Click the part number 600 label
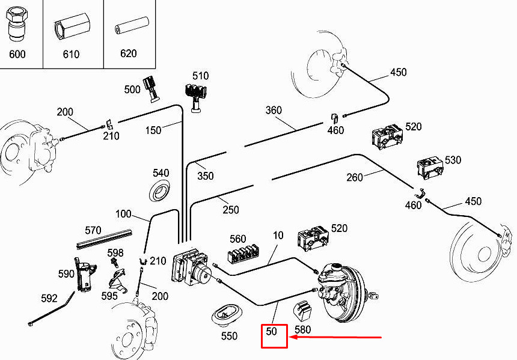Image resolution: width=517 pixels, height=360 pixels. (17, 53)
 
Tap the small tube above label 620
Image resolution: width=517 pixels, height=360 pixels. (132, 26)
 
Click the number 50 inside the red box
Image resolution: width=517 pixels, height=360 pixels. (271, 331)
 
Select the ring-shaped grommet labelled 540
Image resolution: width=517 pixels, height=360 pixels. (160, 191)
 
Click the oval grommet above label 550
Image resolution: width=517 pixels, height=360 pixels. (227, 314)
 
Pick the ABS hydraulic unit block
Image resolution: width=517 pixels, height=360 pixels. (191, 266)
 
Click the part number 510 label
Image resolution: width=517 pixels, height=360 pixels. (200, 76)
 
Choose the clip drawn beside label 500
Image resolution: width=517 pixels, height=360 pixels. (151, 89)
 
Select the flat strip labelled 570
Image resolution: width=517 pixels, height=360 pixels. (104, 240)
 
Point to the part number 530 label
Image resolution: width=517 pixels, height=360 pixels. (453, 160)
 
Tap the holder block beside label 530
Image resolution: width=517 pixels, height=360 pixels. (430, 168)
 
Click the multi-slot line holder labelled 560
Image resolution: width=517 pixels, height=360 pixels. (243, 254)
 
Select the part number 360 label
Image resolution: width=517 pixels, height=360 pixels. (274, 110)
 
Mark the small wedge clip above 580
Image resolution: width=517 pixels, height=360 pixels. (302, 311)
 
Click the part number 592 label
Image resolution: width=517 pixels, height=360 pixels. (49, 298)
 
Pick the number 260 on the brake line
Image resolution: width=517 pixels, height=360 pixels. (355, 177)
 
